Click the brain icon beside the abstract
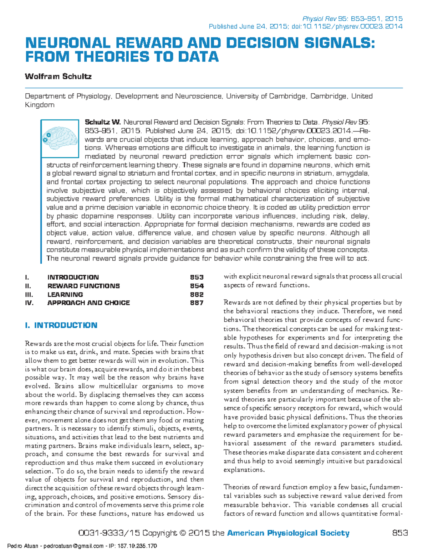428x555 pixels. (60, 137)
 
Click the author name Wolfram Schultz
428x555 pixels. (58, 76)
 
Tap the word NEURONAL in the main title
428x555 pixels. (67, 43)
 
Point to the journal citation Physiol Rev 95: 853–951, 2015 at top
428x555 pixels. (352, 19)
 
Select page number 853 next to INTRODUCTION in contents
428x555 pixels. (197, 277)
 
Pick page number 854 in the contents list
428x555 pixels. (197, 286)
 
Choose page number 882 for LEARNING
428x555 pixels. (197, 294)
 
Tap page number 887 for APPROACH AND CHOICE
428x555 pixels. (197, 303)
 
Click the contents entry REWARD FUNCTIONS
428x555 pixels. (83, 286)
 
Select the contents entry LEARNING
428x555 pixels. (65, 294)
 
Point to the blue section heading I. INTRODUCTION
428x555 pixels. (61, 325)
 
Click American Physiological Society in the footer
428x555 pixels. (288, 533)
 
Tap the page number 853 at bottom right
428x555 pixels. (399, 533)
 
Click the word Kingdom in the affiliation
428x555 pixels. (39, 105)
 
